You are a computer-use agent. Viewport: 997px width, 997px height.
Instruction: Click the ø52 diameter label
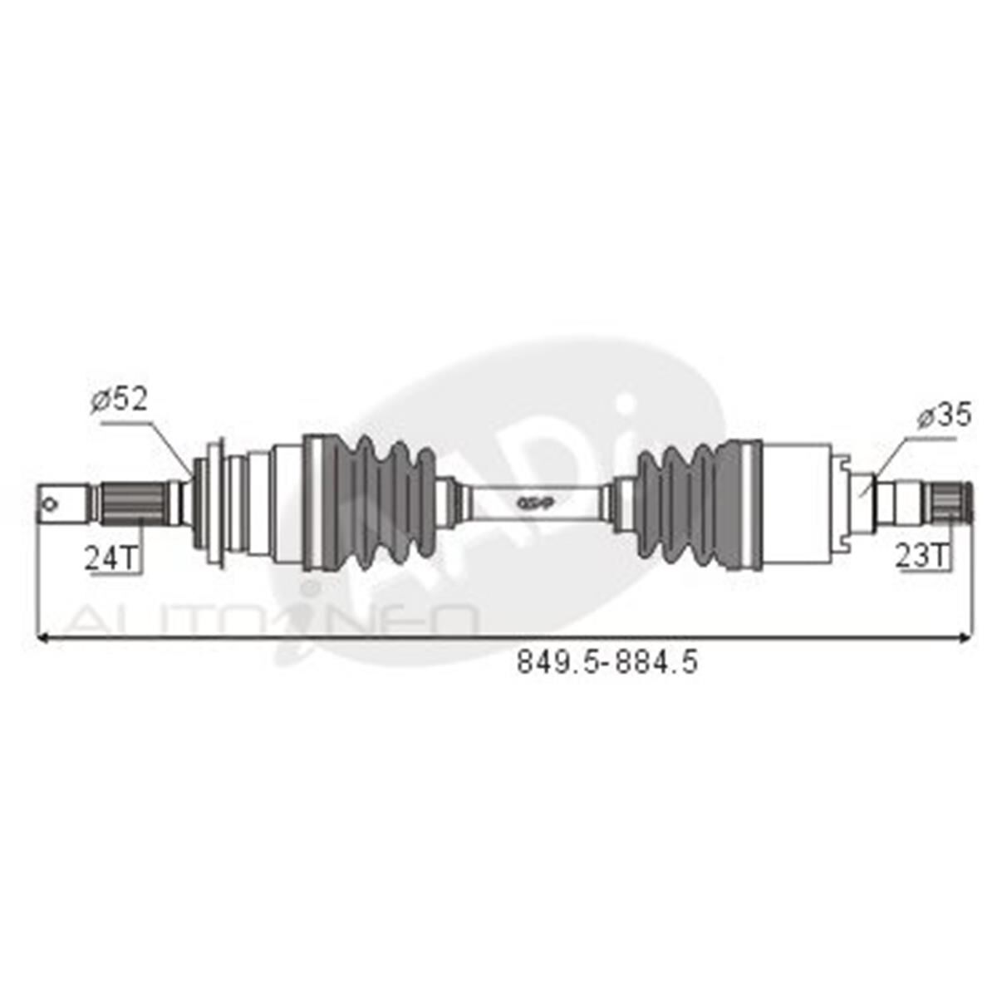(x=119, y=400)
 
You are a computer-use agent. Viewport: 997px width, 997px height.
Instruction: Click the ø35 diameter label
(x=944, y=415)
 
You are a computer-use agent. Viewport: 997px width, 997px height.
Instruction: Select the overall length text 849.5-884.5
(x=607, y=662)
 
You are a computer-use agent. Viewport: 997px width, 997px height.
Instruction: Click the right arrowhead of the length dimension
(x=964, y=637)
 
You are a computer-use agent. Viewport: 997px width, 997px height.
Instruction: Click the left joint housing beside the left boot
(x=287, y=503)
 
